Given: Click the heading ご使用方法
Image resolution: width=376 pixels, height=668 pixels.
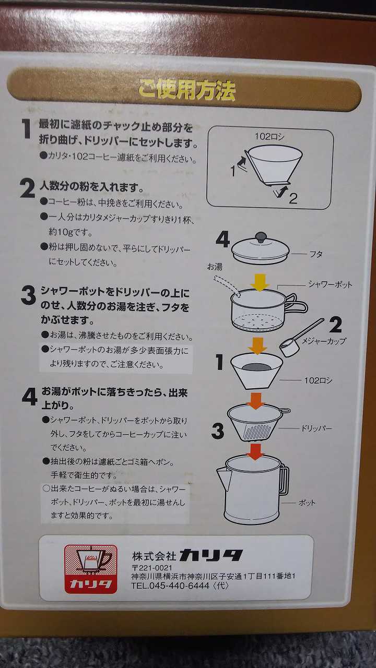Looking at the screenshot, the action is coord(187,89).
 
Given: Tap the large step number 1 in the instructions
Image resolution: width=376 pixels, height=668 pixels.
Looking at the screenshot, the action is coord(26,129).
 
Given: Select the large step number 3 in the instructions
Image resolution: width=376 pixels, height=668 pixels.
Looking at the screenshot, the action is coord(28,295).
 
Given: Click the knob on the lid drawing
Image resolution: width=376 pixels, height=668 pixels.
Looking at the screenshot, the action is coord(262,237).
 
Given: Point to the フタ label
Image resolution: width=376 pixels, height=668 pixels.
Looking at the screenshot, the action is coord(316,254).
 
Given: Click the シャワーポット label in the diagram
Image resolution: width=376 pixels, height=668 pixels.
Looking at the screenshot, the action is coord(330,284).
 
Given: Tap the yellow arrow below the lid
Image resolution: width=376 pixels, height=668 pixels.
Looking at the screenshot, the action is coord(260,282).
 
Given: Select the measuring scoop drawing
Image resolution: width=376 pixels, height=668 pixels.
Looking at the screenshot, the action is coord(301,337).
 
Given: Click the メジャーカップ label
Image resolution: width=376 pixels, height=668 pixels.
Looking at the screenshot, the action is coord(324,341).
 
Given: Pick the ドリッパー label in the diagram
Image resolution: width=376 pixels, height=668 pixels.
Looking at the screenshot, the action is coord(316,428).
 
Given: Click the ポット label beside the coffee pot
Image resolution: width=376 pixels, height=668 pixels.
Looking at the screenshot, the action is coord(307,503).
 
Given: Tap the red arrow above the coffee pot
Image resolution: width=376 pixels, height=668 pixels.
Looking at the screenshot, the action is coord(255,451).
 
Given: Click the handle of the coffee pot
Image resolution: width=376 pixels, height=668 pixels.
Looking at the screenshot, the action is coord(285,480).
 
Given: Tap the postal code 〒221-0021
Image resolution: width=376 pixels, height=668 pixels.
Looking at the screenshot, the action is coord(151,567).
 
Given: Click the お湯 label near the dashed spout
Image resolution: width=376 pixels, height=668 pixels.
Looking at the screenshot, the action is coord(215,267).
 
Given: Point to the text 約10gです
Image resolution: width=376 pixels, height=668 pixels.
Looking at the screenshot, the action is coord(70,232).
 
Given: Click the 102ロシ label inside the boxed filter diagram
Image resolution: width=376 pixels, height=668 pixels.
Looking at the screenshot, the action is coord(269,137).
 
